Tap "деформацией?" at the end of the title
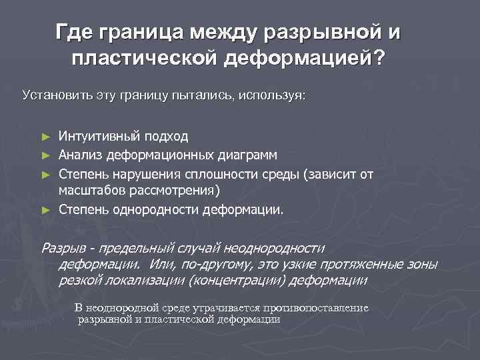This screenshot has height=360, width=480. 304,59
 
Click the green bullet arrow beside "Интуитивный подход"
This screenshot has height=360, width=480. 45,137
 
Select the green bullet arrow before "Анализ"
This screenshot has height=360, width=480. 45,156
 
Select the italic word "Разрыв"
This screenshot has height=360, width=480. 65,249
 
